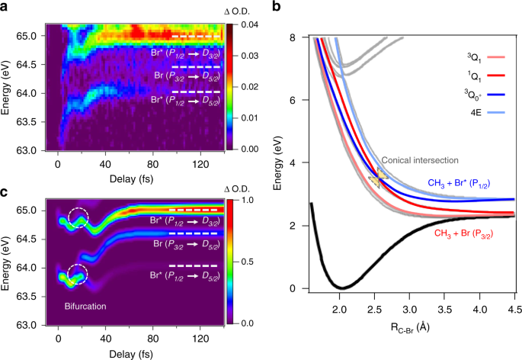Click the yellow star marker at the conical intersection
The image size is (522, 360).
(x=379, y=176)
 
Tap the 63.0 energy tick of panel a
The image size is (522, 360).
(x=27, y=149)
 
